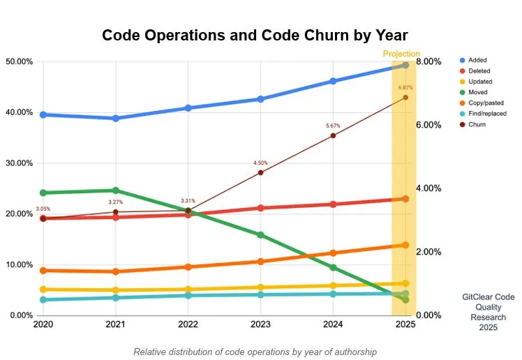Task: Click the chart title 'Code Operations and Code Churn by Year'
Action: tap(255, 36)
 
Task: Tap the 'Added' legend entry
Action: tap(478, 61)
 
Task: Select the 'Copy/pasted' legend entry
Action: tap(488, 103)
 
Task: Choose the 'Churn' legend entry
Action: tap(477, 124)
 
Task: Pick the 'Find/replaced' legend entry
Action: tap(488, 113)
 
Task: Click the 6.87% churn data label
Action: tap(405, 88)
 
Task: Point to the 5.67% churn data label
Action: tap(333, 126)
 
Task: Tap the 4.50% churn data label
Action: tap(260, 163)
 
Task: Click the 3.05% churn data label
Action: tap(43, 209)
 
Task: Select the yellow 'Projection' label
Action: tap(402, 54)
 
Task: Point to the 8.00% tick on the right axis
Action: tap(428, 61)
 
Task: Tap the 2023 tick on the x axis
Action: tap(260, 324)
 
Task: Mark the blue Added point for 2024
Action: tap(333, 81)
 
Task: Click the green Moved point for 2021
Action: tap(116, 190)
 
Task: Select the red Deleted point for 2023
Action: tap(260, 208)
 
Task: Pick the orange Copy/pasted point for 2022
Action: tap(188, 267)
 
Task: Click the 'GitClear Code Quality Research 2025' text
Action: tap(489, 312)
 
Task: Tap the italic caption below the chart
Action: tap(255, 352)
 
